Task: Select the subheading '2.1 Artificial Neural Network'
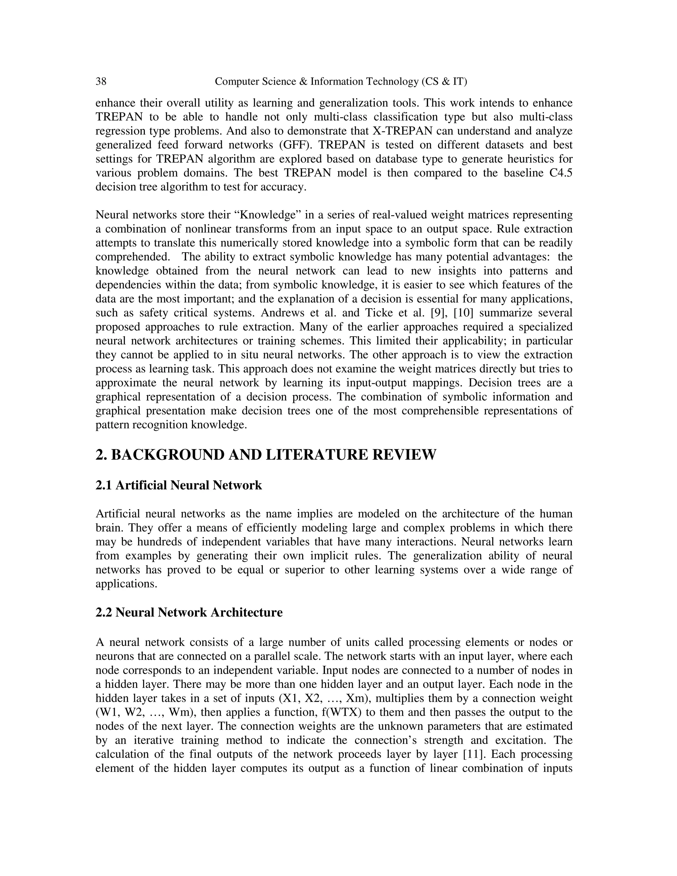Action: [x=179, y=485]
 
